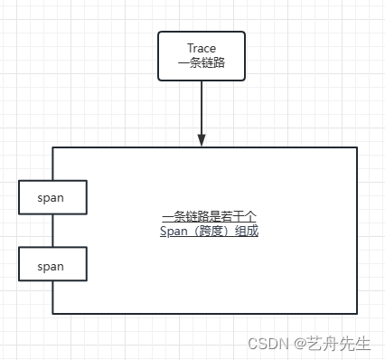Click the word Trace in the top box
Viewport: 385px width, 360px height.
click(202, 48)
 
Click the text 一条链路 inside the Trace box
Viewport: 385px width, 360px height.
click(202, 63)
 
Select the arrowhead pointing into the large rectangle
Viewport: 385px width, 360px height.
click(202, 139)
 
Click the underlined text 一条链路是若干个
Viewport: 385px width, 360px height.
click(210, 216)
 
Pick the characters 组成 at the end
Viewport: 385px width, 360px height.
click(247, 232)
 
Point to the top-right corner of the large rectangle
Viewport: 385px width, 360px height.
click(357, 147)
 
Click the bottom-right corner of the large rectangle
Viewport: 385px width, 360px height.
click(357, 313)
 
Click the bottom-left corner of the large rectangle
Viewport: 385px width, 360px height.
click(52, 313)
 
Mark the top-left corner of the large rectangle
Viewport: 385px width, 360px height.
click(52, 147)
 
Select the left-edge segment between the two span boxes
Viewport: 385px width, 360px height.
click(52, 231)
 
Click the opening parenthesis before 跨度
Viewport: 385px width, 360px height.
click(198, 232)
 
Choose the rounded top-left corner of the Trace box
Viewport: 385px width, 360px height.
click(161, 34)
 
